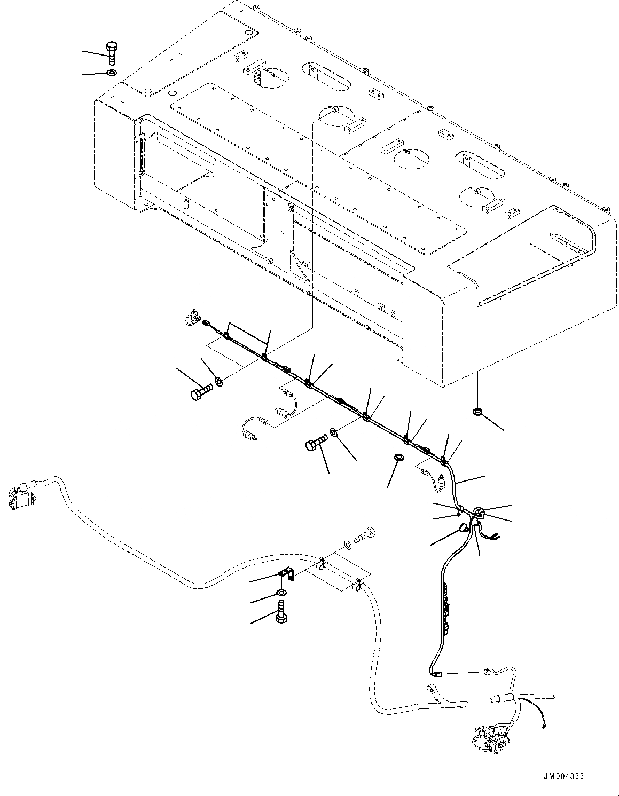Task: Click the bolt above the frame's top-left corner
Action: pyautogui.click(x=112, y=53)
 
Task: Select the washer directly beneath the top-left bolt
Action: pyautogui.click(x=112, y=73)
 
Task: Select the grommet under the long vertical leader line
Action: pyautogui.click(x=398, y=458)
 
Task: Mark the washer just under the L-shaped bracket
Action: pyautogui.click(x=281, y=593)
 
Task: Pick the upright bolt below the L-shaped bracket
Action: pyautogui.click(x=281, y=611)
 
